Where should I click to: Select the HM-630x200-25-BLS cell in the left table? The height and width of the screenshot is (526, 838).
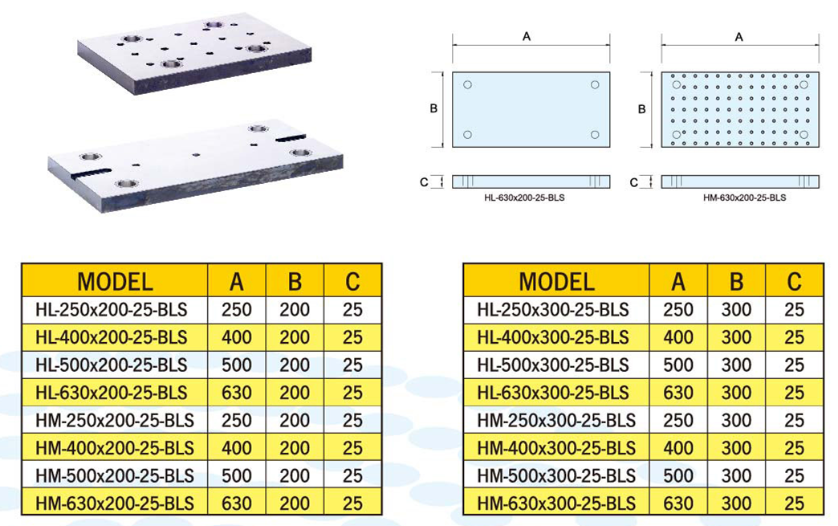click(x=115, y=503)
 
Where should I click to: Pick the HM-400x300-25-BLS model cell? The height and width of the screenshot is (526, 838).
click(x=556, y=448)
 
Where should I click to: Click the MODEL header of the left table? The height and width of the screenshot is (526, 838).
click(x=115, y=281)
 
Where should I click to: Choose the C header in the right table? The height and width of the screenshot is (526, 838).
click(x=794, y=281)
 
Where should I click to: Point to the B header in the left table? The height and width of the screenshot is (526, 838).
click(x=295, y=281)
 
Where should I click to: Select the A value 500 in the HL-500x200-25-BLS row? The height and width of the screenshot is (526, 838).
click(x=236, y=365)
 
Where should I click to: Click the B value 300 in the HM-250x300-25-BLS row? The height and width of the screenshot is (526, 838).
click(x=736, y=420)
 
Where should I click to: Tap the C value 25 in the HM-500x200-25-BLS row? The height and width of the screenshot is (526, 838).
click(x=352, y=475)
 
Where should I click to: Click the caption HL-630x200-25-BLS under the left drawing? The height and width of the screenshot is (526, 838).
click(x=524, y=198)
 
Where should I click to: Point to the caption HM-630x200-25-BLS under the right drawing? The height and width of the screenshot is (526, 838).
click(x=744, y=198)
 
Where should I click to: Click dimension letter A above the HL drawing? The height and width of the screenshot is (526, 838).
click(x=527, y=37)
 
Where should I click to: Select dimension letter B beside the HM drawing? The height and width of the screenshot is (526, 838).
click(x=642, y=109)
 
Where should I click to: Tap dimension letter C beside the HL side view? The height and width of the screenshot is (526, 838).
click(x=424, y=182)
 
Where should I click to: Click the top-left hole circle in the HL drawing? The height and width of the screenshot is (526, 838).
click(x=468, y=84)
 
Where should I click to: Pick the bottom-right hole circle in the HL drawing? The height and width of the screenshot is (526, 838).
click(x=595, y=135)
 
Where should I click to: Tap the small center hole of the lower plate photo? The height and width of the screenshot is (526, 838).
click(x=197, y=154)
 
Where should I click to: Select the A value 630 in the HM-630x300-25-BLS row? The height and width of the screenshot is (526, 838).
click(x=678, y=503)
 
